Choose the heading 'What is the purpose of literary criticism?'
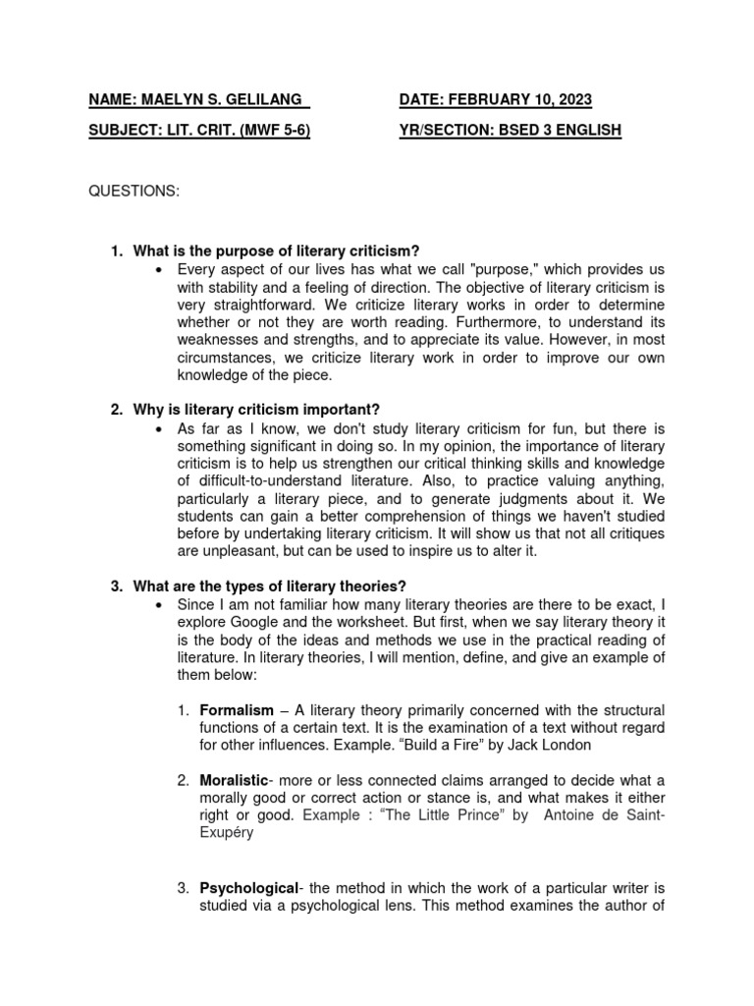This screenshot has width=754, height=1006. click(277, 252)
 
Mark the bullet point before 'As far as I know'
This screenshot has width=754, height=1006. click(160, 428)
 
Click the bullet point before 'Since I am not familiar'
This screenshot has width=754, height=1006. click(160, 604)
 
